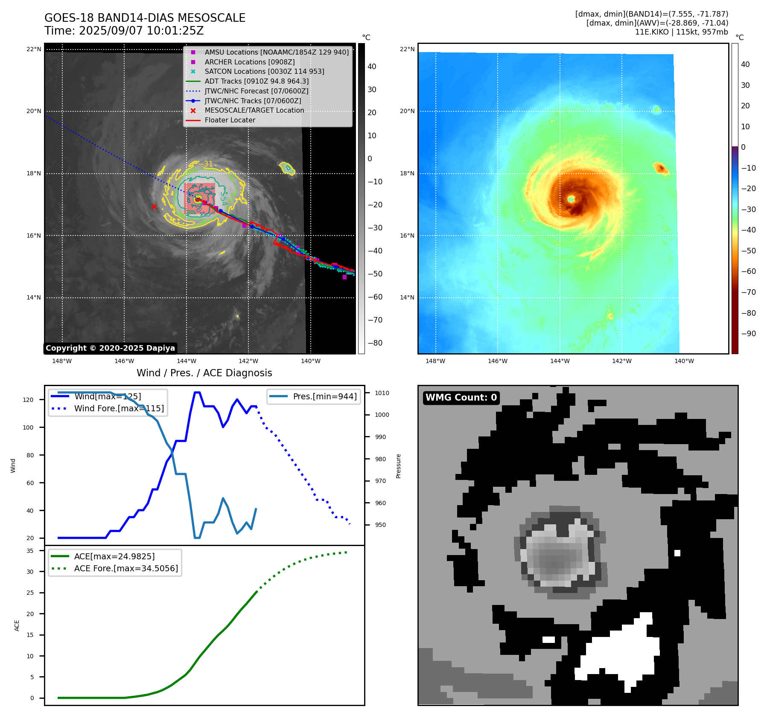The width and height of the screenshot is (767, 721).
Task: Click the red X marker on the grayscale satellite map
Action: tap(154, 207)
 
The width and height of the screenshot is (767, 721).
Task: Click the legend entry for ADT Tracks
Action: tap(256, 81)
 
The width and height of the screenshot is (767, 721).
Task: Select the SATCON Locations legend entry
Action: tap(264, 71)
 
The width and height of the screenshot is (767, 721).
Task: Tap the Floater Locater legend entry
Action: tap(230, 120)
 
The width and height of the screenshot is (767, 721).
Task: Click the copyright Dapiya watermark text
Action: tap(110, 348)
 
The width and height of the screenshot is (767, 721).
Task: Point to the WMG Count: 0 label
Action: tap(461, 398)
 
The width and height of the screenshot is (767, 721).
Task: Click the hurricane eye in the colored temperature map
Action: tap(571, 199)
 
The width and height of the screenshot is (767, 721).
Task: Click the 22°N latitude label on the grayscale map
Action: tap(34, 49)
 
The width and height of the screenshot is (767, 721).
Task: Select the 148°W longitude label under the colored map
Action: tap(435, 361)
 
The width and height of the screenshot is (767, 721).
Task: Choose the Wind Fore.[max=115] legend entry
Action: tap(119, 408)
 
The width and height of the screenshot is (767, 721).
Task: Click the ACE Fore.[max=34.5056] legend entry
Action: tap(125, 568)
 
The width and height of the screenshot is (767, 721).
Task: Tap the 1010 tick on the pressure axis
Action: tap(382, 393)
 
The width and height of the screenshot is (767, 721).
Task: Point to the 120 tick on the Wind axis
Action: tap(28, 400)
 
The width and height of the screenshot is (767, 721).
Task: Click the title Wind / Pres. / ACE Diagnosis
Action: tap(204, 373)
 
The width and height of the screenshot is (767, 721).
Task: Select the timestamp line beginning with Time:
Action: tap(124, 31)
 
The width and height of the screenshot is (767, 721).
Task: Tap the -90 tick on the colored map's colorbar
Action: tap(748, 334)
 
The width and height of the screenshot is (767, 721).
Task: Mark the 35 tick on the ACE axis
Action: tap(30, 551)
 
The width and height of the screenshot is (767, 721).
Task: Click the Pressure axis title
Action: tap(398, 466)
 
